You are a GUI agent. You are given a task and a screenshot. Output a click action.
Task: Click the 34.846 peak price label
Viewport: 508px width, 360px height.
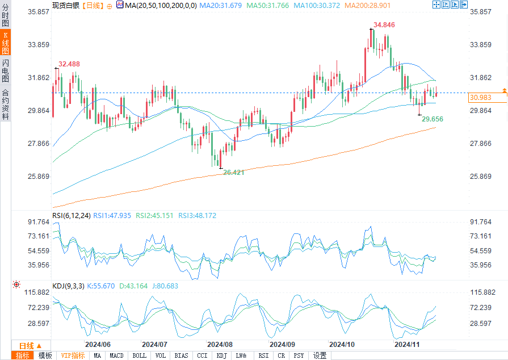coord(384,25)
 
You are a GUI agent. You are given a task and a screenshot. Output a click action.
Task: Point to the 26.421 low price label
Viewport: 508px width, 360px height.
coord(234,172)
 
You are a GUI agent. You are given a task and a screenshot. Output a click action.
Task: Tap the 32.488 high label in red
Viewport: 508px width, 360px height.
coord(69,64)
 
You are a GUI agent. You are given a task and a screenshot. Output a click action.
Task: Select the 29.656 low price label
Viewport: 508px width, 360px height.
coord(433,119)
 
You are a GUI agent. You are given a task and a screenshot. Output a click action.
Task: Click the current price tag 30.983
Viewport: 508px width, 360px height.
coord(480,98)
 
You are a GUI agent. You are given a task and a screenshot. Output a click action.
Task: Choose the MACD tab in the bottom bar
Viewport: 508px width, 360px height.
coord(116,355)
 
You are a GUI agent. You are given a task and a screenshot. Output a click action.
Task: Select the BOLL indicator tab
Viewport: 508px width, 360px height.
coord(139,355)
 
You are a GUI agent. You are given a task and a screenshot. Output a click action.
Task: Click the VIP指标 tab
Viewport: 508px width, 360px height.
coord(73,355)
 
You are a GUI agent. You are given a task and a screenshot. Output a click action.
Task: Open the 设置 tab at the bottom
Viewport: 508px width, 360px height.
coord(320,355)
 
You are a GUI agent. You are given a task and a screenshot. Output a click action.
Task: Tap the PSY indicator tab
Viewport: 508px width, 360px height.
coord(299,355)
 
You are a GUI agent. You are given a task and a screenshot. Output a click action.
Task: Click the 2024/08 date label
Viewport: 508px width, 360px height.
coord(220,345)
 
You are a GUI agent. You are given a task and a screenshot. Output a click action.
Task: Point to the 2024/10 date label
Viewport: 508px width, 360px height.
coord(342,345)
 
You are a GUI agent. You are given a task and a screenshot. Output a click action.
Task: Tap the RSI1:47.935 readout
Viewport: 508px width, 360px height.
coord(112,216)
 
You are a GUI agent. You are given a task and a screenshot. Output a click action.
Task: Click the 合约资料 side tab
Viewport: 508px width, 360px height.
coord(5,104)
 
